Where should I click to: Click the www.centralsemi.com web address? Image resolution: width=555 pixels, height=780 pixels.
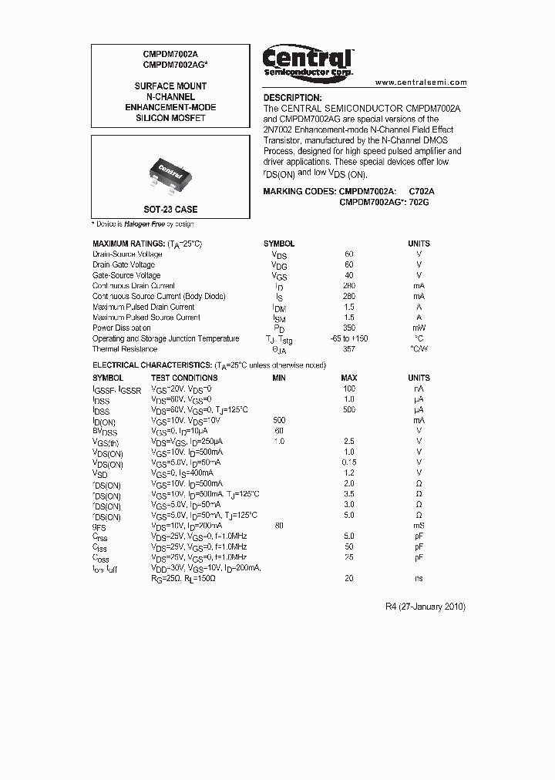421,82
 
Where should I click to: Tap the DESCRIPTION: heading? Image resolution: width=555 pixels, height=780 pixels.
292,98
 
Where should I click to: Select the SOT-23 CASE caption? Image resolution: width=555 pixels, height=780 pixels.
170,210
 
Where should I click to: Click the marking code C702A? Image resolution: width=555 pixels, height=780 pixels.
422,190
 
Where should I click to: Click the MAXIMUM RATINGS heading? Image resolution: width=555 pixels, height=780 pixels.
146,244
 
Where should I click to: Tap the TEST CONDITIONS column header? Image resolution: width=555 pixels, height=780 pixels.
184,378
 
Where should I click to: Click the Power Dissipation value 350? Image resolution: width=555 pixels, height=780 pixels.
349,328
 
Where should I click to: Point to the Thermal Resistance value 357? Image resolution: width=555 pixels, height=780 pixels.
349,349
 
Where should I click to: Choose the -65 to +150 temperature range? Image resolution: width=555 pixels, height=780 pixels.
349,338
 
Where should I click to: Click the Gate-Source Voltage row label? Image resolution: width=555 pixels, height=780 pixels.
126,275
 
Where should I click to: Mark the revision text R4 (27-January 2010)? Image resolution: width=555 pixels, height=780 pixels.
425,607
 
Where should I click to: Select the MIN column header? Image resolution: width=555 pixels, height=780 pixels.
279,378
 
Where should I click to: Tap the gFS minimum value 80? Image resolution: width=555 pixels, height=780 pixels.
279,526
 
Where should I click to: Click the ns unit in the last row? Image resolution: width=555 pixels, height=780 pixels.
419,578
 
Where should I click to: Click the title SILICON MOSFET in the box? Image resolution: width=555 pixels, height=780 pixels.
170,119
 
